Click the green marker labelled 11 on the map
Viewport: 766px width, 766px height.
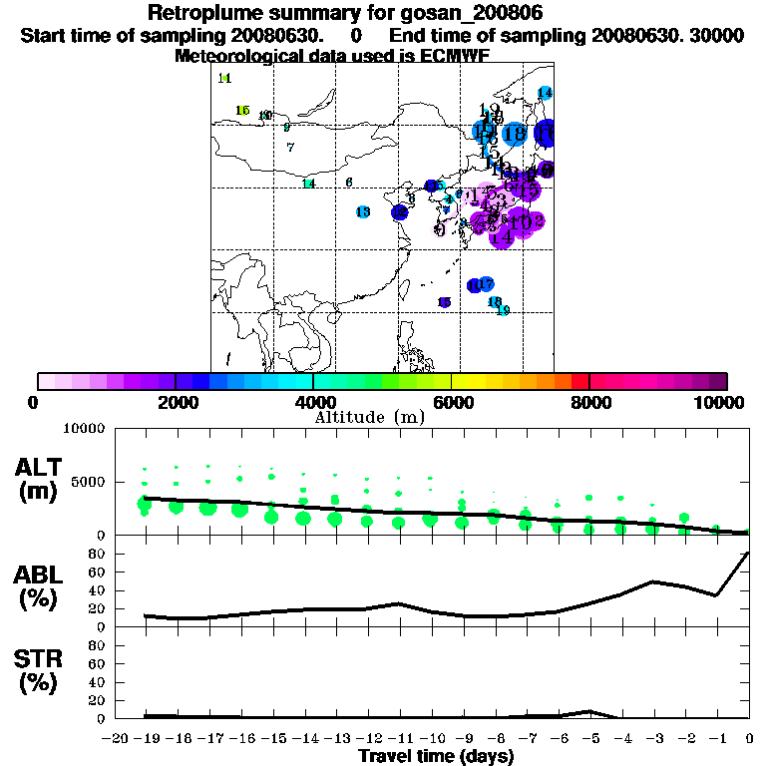[x=224, y=78]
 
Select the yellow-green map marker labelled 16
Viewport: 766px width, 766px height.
[x=242, y=110]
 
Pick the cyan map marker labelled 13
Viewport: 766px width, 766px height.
[x=363, y=211]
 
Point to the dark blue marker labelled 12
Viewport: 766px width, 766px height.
[x=399, y=211]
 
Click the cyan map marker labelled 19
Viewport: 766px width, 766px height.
[x=503, y=311]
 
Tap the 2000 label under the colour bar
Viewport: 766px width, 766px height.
[x=176, y=402]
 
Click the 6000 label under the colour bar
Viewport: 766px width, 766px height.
[x=452, y=402]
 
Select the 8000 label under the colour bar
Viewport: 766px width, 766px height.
[x=589, y=402]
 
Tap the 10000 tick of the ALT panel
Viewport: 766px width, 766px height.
[x=84, y=429]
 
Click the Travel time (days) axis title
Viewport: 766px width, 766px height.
[x=436, y=756]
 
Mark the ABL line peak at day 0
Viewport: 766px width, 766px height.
[x=748, y=553]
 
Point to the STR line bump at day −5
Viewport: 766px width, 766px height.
[x=589, y=711]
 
